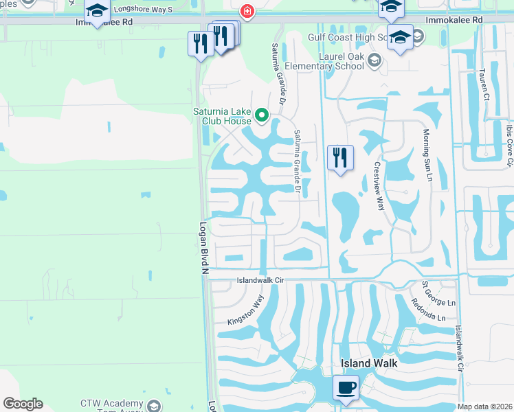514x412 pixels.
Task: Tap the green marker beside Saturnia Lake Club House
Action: (261, 115)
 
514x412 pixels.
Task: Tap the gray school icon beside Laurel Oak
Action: (375, 60)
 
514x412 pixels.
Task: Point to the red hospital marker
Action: (245, 11)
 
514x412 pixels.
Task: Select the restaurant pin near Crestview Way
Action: (340, 158)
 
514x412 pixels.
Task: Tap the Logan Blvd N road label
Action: (204, 248)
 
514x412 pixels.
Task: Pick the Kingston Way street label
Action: (246, 310)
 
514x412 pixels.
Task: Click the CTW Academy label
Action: (112, 404)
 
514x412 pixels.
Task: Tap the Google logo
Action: (23, 404)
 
